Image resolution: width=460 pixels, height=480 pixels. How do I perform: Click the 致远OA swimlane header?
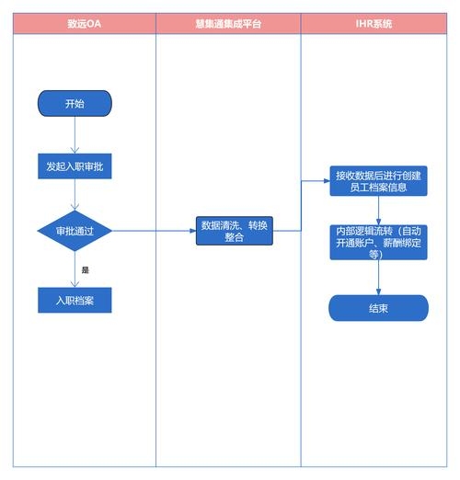click(83, 24)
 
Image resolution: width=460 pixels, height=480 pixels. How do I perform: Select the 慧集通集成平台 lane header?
click(228, 24)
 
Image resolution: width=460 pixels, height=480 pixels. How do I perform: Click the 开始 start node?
click(75, 104)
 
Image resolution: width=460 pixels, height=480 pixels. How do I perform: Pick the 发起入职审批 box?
click(75, 166)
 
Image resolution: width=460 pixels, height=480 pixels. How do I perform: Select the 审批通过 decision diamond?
click(75, 230)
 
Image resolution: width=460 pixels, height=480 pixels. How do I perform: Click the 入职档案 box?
click(75, 300)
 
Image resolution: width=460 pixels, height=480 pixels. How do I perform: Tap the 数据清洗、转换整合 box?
click(235, 231)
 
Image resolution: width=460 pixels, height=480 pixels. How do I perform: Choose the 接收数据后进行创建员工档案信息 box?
click(379, 181)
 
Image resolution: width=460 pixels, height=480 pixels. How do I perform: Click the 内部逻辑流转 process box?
click(379, 242)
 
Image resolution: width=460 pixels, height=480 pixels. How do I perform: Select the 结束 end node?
click(378, 308)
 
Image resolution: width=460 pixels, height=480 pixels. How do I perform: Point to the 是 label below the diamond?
click(86, 270)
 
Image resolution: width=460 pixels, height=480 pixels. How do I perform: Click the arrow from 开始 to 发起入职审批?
click(75, 134)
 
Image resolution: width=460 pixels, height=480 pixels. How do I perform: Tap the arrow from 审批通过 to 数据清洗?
click(154, 230)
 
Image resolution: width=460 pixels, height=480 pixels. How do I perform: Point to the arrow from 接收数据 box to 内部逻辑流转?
click(378, 210)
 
